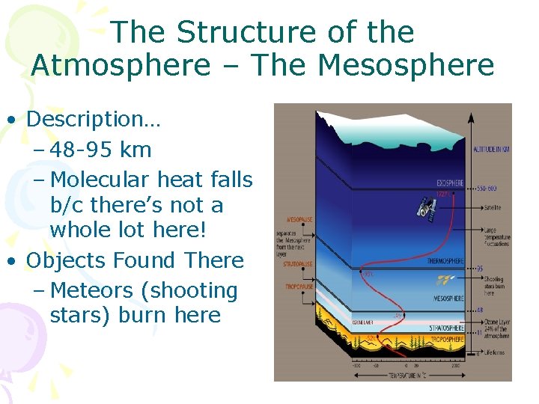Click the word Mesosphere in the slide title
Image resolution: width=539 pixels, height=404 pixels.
(x=406, y=65)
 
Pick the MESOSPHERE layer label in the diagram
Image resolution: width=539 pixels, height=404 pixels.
(x=448, y=298)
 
